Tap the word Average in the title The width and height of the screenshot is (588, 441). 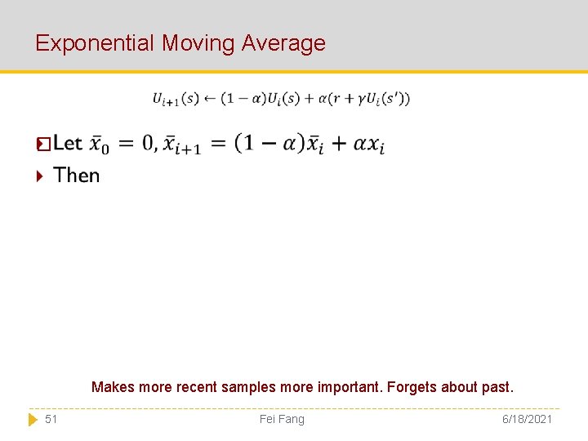click(284, 43)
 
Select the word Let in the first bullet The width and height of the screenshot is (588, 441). click(68, 144)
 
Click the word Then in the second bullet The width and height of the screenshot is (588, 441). click(77, 176)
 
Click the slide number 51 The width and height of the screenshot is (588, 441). click(51, 419)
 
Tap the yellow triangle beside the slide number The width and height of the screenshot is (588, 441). click(33, 419)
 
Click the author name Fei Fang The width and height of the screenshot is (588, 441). click(282, 419)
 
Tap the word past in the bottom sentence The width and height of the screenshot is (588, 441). click(497, 387)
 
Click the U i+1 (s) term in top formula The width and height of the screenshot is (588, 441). click(176, 99)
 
